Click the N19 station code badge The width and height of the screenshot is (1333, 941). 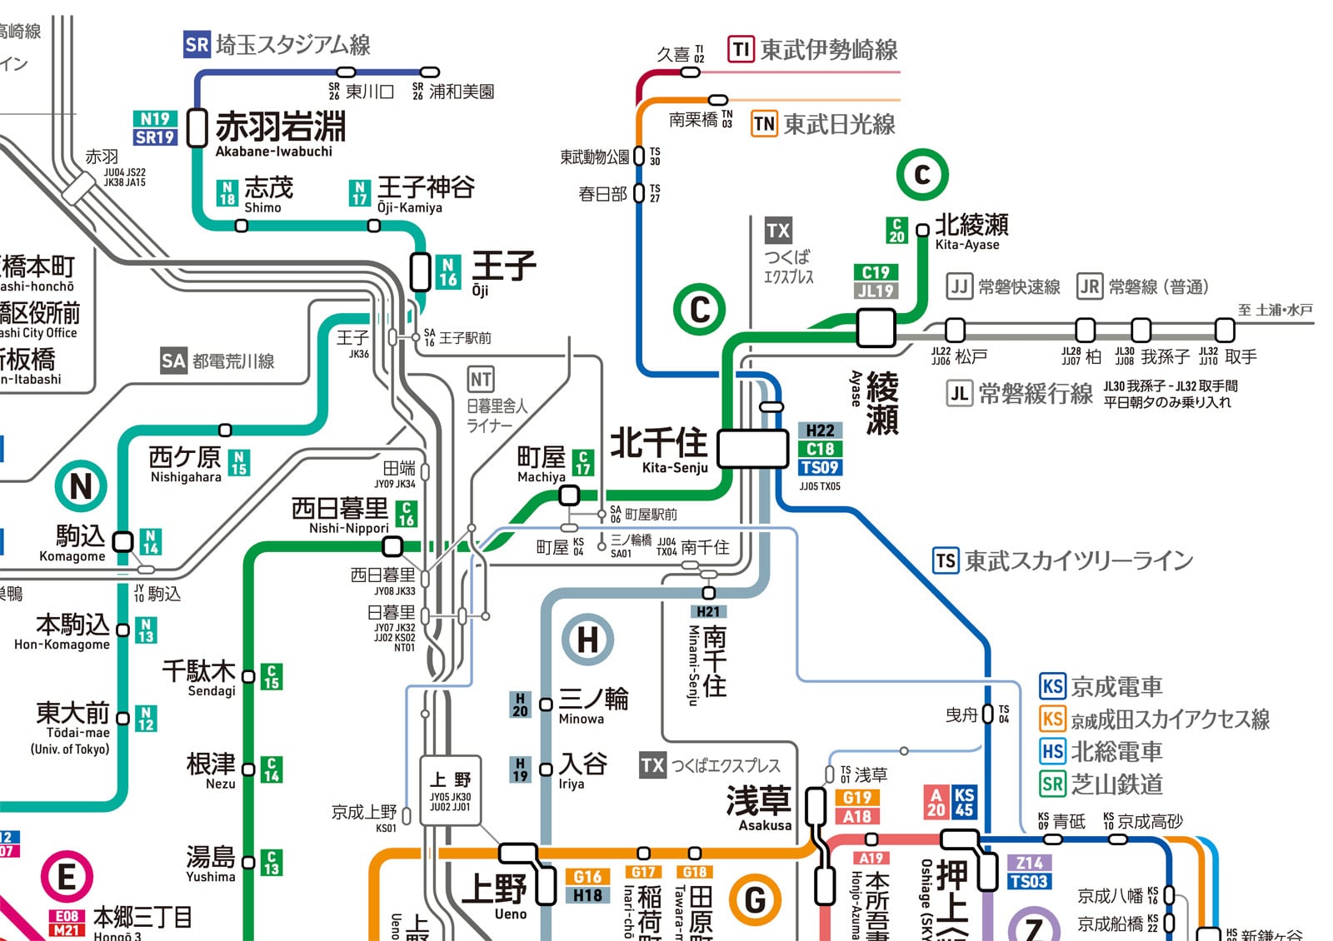point(155,118)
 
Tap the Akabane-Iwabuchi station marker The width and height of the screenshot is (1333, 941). point(197,127)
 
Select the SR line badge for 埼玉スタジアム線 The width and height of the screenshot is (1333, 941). point(197,44)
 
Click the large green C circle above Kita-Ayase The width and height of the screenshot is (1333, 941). point(922,175)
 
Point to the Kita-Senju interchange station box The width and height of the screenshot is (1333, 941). point(753,448)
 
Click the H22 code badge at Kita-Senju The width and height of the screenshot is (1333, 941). point(820,431)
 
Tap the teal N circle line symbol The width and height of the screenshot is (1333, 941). point(81,486)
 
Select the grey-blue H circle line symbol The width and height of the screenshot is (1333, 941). point(587,640)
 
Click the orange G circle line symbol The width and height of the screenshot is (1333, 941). point(755,899)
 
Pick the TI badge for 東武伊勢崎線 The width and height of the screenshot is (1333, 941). point(741,50)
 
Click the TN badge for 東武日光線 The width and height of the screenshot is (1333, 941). point(764,124)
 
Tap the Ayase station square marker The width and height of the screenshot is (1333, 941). point(876,327)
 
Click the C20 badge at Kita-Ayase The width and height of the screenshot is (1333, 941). point(896,230)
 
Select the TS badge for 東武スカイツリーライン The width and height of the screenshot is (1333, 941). point(946,560)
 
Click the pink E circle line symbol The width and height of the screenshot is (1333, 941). point(67,877)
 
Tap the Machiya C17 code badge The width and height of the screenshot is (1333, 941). point(583,462)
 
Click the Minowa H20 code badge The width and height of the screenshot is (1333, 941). point(520,705)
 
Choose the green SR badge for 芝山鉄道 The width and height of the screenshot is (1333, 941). point(1053,784)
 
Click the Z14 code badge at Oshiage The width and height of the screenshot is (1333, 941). point(1029,864)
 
